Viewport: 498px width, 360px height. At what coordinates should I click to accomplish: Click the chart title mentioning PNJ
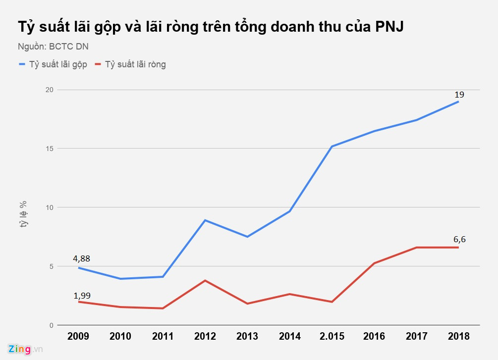click(211, 27)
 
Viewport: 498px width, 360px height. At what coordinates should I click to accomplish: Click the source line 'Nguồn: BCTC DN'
click(53, 47)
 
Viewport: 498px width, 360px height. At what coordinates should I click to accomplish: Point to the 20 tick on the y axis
click(48, 90)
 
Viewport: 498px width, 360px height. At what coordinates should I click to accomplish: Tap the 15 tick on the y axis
click(48, 149)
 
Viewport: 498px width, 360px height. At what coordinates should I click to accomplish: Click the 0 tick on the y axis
click(50, 325)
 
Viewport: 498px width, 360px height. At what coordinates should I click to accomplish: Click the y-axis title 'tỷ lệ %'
click(23, 214)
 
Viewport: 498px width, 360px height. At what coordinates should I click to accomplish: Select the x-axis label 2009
click(78, 337)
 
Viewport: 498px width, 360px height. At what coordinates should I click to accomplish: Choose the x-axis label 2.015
click(332, 337)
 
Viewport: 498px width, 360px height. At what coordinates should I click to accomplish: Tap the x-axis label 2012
click(205, 337)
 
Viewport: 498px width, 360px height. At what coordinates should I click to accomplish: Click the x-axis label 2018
click(458, 337)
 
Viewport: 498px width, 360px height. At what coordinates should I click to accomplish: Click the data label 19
click(459, 94)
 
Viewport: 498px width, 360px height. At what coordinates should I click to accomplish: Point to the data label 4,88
click(82, 258)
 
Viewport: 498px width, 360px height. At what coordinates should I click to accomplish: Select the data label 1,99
click(82, 296)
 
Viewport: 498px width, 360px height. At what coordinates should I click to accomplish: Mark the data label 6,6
click(459, 240)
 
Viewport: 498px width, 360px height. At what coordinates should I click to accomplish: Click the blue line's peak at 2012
click(205, 220)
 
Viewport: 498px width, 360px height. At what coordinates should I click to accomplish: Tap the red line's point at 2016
click(374, 263)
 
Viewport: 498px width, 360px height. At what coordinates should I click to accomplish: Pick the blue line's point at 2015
click(332, 147)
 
